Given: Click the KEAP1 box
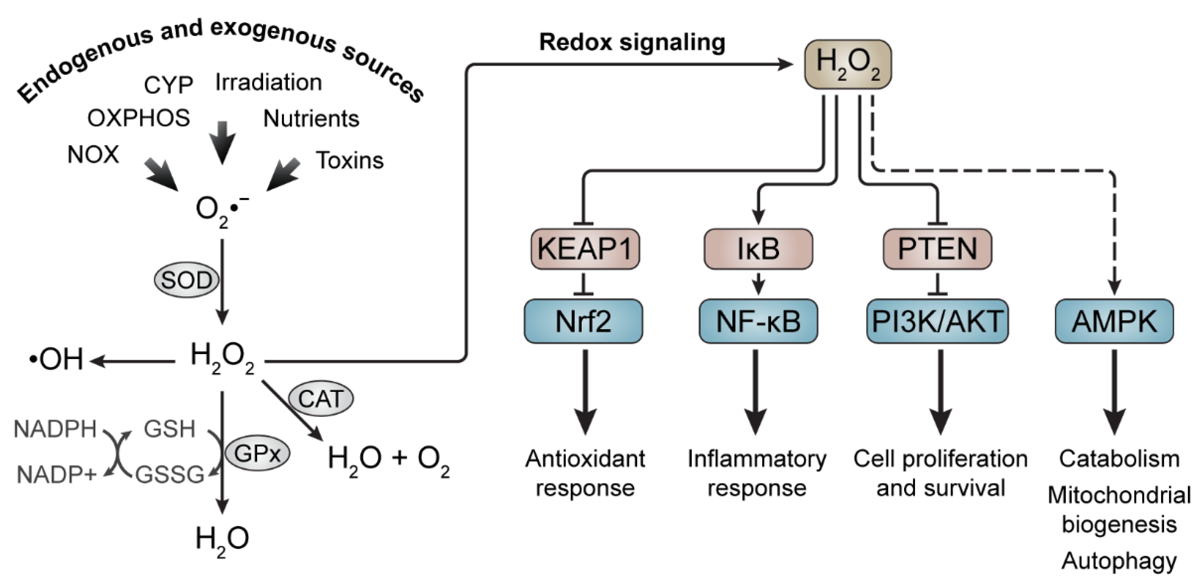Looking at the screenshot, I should [585, 249].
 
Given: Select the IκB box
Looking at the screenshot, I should [759, 249].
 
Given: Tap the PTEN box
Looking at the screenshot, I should [937, 249].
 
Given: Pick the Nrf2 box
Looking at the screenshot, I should [583, 322].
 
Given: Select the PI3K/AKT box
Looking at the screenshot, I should [937, 322].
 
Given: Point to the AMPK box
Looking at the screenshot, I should [1114, 322].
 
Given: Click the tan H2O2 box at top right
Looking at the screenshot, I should [848, 64].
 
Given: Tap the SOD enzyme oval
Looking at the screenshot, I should [186, 280].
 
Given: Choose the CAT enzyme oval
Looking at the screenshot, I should [321, 399].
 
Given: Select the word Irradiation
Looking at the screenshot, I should [268, 82].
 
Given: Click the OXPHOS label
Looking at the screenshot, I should [139, 118].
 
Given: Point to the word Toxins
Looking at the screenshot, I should [350, 160].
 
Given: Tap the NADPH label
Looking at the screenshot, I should [55, 429].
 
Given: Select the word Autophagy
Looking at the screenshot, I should [1119, 561].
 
